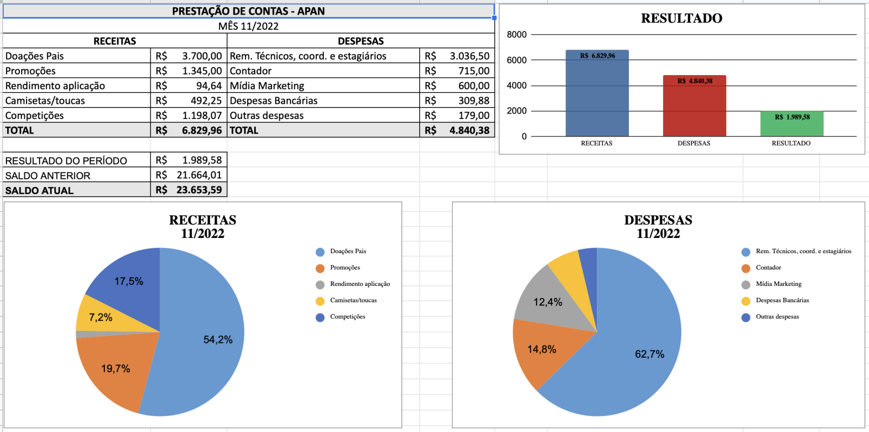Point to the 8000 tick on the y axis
tap(517, 35)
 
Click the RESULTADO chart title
tap(681, 18)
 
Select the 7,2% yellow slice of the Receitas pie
tap(100, 317)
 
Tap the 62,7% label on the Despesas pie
tap(650, 354)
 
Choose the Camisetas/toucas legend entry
tap(353, 300)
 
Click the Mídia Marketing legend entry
tap(778, 284)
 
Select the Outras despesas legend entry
tap(777, 317)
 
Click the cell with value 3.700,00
tap(201, 56)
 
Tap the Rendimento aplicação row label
tap(55, 86)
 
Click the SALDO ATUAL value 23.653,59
tap(199, 190)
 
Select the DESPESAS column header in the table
tap(361, 41)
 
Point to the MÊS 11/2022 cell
tap(248, 26)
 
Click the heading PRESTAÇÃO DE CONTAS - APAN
tap(248, 11)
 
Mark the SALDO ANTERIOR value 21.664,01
tap(199, 175)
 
